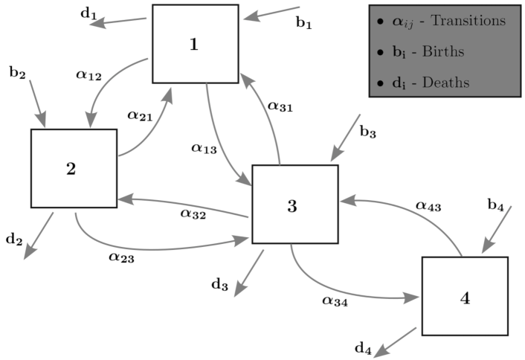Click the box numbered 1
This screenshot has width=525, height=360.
click(195, 44)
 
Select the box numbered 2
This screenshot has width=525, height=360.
click(74, 168)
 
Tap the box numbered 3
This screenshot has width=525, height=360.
click(294, 205)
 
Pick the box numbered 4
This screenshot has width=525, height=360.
click(465, 297)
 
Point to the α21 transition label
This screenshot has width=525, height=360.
click(139, 115)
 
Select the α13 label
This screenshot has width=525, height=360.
click(204, 149)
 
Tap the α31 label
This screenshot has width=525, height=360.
click(280, 107)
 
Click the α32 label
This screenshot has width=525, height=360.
click(193, 214)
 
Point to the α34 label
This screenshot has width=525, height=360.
click(335, 301)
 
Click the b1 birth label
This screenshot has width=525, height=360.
click(304, 24)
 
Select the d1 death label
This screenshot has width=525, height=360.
click(88, 14)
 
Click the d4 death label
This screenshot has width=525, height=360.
click(363, 347)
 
